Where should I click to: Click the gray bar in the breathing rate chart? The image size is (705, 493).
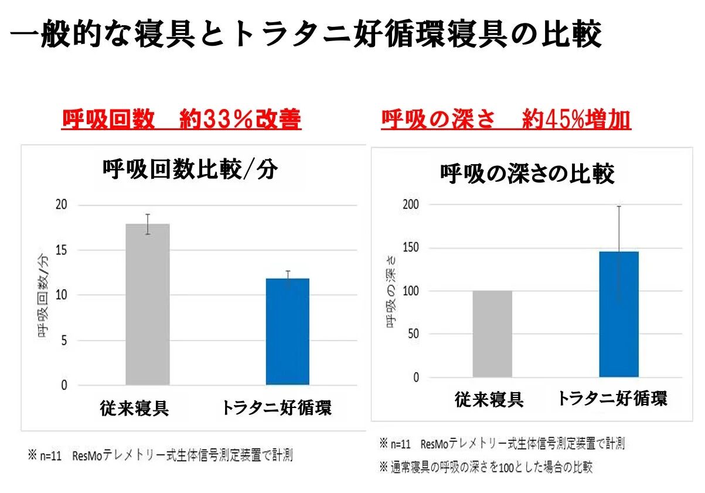coord(147,305)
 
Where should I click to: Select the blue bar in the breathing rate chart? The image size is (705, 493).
coord(287,332)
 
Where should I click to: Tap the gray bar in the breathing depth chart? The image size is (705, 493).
coord(492,334)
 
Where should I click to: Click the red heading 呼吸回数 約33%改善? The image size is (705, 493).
coord(181,120)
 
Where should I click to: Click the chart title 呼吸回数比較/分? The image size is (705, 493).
coord(189,170)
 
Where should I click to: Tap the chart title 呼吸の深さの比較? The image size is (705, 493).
coord(527,174)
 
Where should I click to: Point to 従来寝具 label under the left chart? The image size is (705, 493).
coord(134,407)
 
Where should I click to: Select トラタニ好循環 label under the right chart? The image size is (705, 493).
coord(612,399)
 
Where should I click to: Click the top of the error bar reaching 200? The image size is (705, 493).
coord(618,206)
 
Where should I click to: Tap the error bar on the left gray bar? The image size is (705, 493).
coord(148,224)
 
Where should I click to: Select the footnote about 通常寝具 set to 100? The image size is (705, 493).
coord(485,467)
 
